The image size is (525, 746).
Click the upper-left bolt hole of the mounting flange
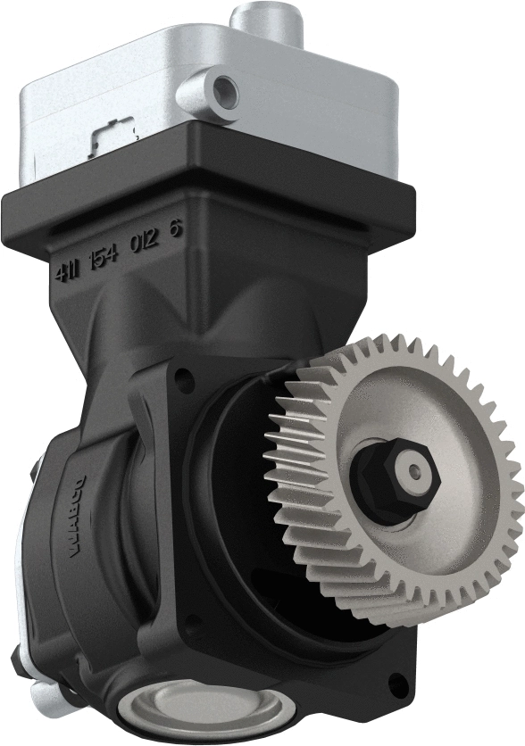(x=183, y=385)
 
